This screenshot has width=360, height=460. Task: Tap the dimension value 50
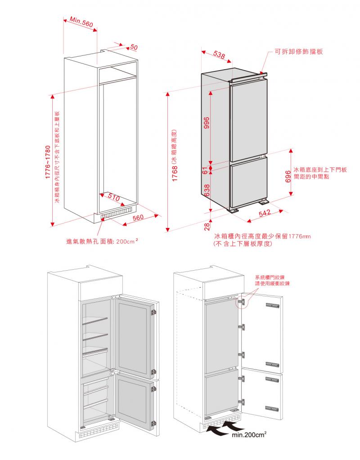(x=134, y=47)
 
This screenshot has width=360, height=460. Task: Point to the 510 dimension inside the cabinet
(x=114, y=197)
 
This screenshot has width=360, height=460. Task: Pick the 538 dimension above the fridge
(x=219, y=55)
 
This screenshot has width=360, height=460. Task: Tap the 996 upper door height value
(x=207, y=123)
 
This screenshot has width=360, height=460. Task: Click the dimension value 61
(x=205, y=170)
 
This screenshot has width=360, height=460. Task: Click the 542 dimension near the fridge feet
(x=265, y=213)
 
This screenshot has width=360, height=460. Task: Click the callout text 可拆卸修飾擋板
(x=299, y=52)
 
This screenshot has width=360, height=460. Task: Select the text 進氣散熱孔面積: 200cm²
(x=102, y=241)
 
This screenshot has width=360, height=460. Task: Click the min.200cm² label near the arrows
(x=252, y=435)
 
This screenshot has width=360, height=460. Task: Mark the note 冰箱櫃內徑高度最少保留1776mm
(x=263, y=236)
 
